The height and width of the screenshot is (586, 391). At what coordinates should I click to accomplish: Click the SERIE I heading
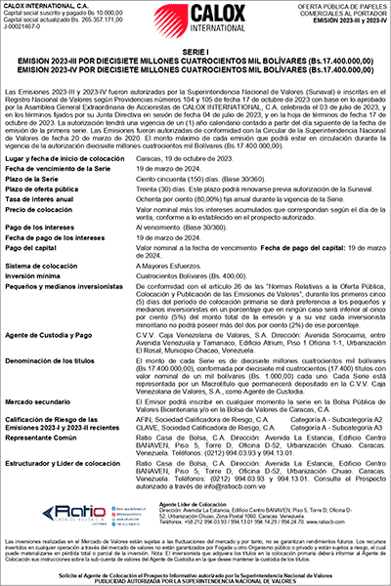tap(195, 49)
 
